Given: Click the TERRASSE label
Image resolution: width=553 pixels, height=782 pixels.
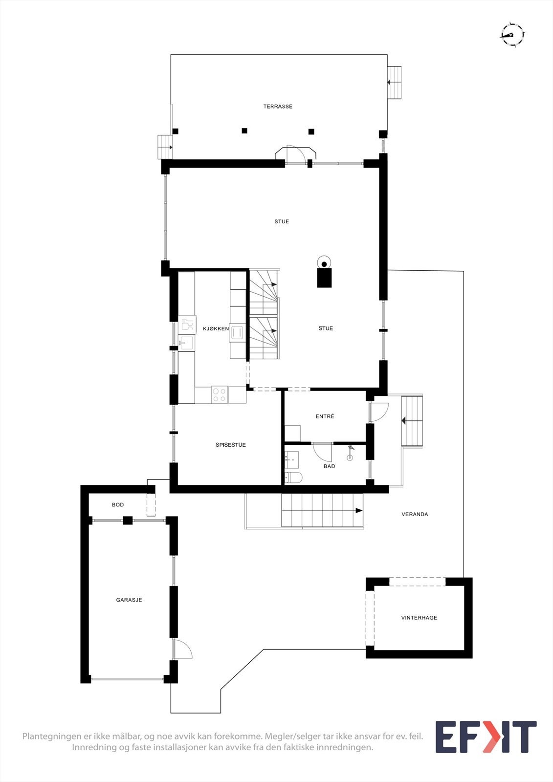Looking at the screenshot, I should pos(278,107).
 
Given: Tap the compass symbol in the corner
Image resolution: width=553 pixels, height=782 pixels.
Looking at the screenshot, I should pos(512,34).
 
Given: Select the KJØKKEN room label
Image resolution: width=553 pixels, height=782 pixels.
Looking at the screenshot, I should pos(216,329).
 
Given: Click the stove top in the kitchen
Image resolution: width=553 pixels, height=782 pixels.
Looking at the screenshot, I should pos(220,394).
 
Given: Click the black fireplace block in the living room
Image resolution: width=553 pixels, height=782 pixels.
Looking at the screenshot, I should pos(324,277).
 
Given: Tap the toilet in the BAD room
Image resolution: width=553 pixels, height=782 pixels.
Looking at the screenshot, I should pos(294,477).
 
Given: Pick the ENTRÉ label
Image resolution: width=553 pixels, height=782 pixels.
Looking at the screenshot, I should pos(325,416).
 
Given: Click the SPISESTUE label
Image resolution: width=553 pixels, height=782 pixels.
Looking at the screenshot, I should pos(231,445).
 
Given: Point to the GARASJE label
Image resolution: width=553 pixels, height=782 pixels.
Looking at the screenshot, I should pos(129,600).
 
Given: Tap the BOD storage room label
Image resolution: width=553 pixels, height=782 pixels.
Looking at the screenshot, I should pos(118,505).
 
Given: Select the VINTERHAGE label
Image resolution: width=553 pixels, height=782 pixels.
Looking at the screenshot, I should pos(419,618).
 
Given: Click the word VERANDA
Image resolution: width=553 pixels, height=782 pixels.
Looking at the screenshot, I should pos(415,514).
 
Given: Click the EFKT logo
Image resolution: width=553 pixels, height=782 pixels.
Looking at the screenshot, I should pos(486,737).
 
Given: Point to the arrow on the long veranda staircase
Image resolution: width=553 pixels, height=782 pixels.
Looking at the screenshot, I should pos(358,511).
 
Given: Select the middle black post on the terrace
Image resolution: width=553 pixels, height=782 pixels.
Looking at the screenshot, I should pos(244,130).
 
